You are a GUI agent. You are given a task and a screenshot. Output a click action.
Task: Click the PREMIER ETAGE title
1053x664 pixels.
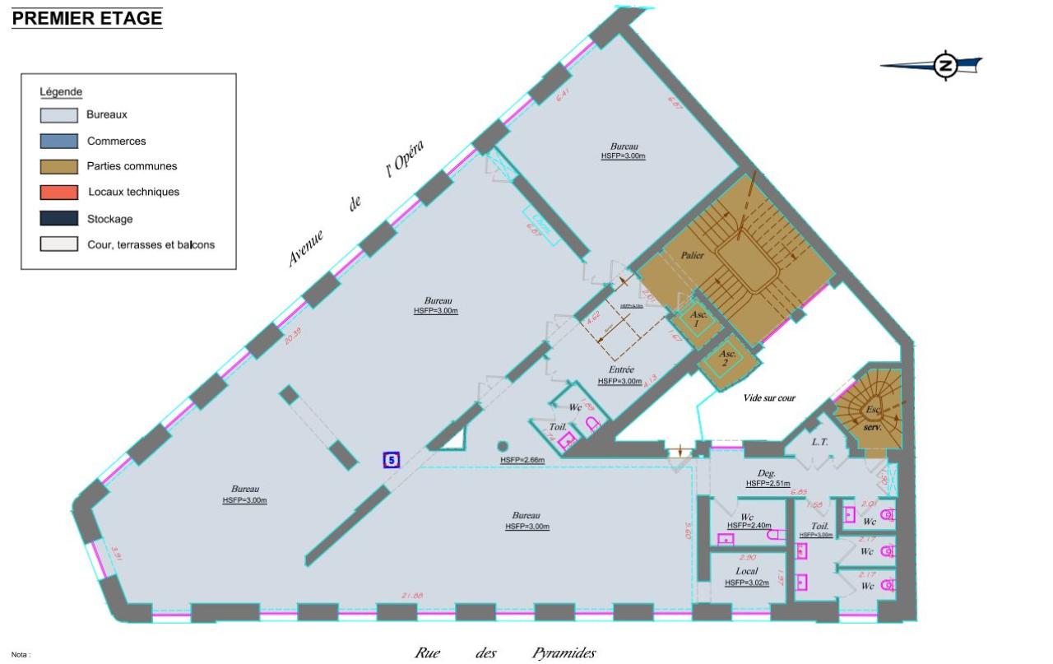(x=87, y=18)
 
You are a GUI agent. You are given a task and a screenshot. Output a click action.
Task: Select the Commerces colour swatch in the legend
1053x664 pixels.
(x=58, y=141)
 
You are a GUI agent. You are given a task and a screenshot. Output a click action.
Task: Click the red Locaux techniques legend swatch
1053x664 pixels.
(x=58, y=193)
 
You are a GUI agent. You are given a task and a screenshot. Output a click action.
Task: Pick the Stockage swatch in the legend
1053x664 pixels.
(x=58, y=219)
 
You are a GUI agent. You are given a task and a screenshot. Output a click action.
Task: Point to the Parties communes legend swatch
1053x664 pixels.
(x=58, y=166)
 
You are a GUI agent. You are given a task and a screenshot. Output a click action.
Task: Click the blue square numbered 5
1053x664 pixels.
(x=392, y=460)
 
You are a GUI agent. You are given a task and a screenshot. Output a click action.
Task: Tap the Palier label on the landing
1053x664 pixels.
(x=693, y=256)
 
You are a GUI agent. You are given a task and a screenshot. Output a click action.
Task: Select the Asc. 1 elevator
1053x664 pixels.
(x=697, y=320)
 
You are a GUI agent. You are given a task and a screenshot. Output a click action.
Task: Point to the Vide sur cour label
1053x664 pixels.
(x=769, y=397)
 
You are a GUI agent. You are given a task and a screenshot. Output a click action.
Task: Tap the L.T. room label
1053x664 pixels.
(x=819, y=442)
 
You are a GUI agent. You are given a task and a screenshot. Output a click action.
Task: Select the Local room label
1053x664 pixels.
(x=747, y=571)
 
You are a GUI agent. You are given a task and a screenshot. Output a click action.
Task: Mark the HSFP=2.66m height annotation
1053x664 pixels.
(x=522, y=460)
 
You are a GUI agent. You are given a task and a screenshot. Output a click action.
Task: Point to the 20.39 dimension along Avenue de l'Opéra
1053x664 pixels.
(x=292, y=337)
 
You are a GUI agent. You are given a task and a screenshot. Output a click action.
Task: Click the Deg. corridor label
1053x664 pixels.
(x=768, y=473)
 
